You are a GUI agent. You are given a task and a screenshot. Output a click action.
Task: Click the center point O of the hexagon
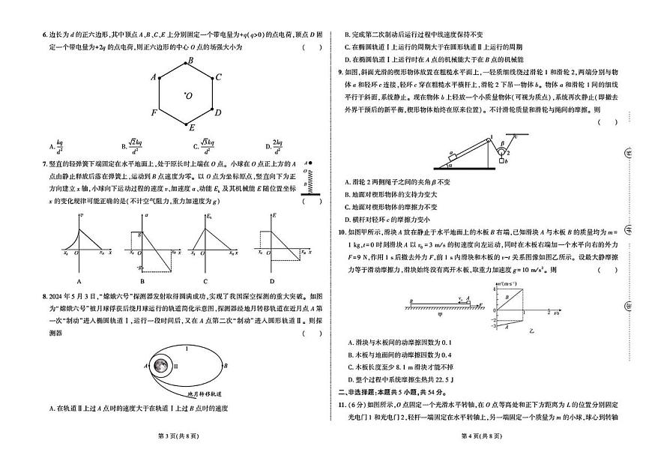tap(184, 94)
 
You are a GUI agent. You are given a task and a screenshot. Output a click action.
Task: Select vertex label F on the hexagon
tap(154, 113)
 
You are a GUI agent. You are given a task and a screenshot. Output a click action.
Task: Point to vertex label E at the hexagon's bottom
tap(193, 128)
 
